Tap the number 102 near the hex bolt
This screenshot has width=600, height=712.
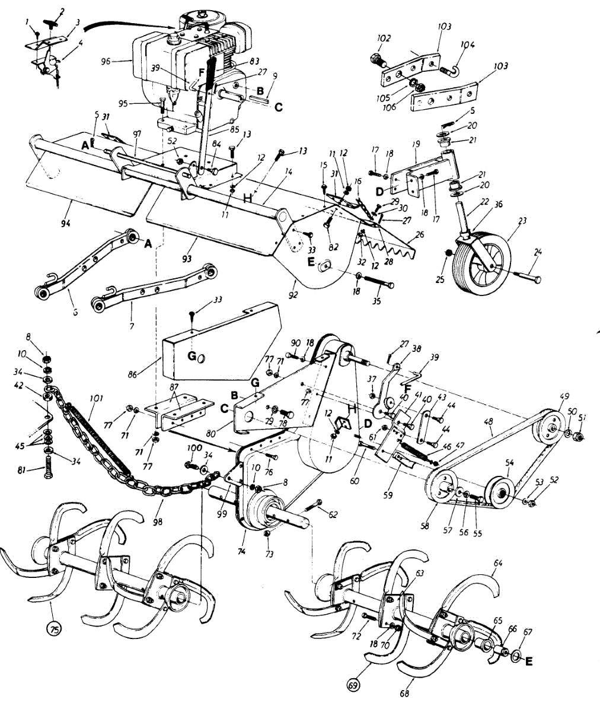[384, 39]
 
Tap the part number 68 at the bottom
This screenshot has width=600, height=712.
[405, 691]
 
